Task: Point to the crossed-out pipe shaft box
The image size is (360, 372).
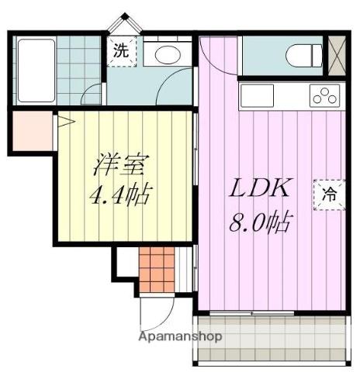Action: [339, 55]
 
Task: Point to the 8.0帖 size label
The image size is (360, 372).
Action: [260, 225]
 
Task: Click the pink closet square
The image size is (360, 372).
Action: [30, 131]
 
